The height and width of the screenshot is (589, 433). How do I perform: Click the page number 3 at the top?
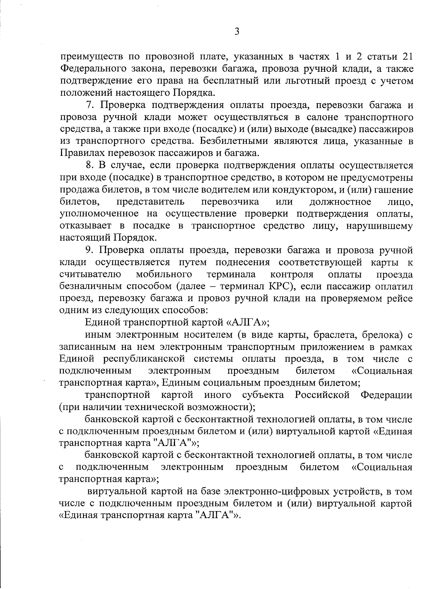[x=237, y=32]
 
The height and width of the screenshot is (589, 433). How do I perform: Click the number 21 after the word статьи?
[x=406, y=57]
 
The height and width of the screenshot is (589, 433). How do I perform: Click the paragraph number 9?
[x=90, y=250]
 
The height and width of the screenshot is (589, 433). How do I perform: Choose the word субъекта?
[x=263, y=395]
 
